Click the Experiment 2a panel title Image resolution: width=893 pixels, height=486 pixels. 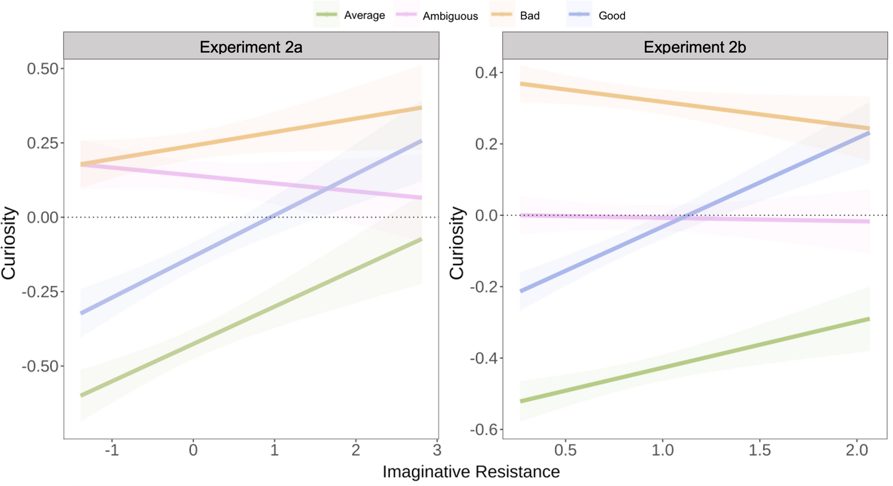point(251,47)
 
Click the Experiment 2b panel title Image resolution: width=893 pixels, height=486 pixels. point(695,47)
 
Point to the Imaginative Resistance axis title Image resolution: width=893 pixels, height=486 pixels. point(471,472)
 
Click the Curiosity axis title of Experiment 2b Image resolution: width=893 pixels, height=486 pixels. point(457,243)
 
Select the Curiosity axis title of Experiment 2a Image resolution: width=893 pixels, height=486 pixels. point(9,243)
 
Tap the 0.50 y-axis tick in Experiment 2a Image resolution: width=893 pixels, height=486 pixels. point(43,69)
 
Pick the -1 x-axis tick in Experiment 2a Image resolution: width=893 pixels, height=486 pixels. point(112,450)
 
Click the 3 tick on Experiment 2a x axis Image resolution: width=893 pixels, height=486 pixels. point(437,450)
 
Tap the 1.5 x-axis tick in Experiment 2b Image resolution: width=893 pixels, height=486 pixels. point(760,450)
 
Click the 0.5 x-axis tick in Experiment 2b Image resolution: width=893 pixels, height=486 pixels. point(565,450)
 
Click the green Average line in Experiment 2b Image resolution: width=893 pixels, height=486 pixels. point(695,360)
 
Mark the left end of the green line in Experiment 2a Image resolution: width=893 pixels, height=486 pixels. point(82,395)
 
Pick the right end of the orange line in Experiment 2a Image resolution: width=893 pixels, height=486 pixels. point(420,108)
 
